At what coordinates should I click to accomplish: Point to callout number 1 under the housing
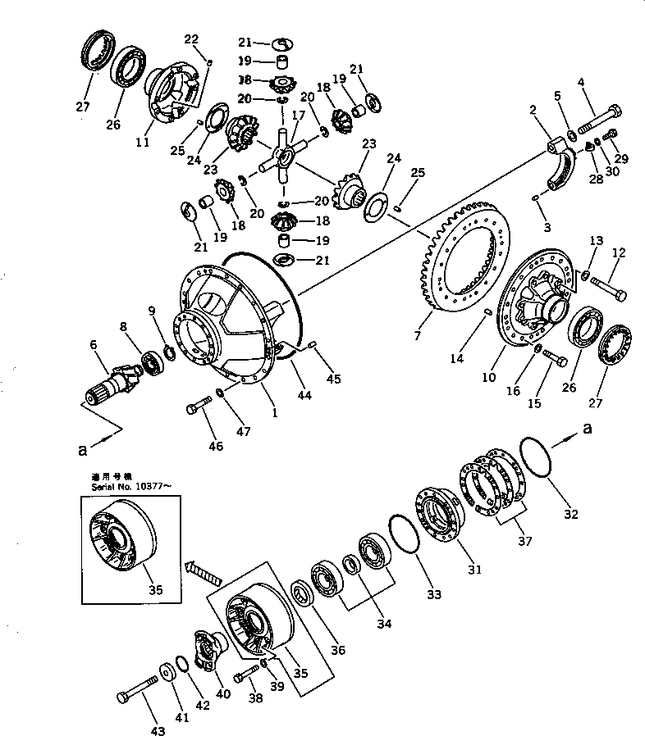pos(275,413)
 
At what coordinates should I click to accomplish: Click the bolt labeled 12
pos(608,287)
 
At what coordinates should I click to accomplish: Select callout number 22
pos(190,39)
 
